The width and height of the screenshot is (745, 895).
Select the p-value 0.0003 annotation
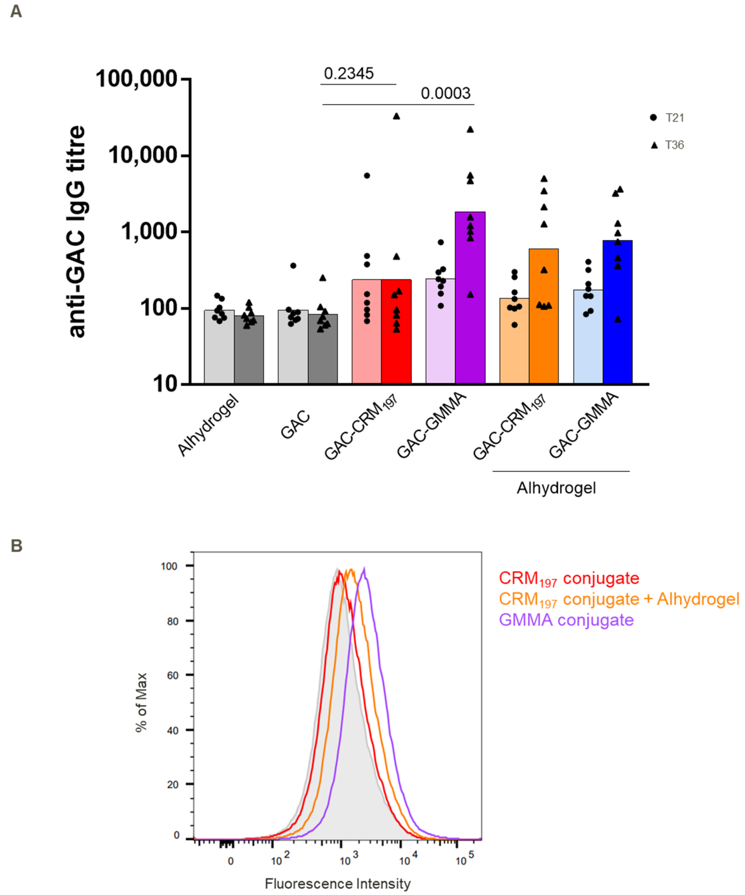click(445, 93)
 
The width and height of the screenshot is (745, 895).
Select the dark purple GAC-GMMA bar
click(470, 298)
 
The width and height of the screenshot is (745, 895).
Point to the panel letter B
click(16, 546)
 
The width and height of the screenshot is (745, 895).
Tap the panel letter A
click(16, 11)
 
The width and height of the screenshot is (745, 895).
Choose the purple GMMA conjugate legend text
click(566, 620)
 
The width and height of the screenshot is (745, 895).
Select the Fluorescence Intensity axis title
click(338, 884)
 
